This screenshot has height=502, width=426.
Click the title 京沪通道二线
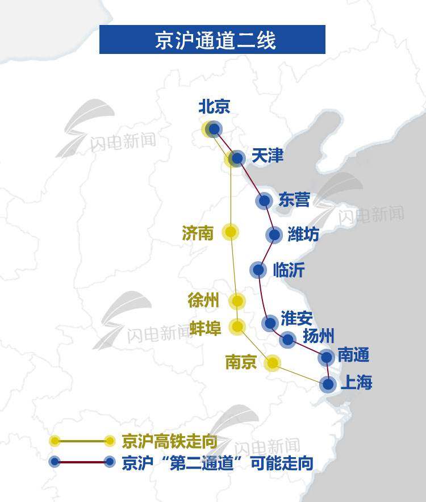pyautogui.click(x=212, y=40)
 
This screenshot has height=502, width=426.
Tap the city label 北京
pyautogui.click(x=214, y=107)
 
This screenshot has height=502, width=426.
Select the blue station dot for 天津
pyautogui.click(x=238, y=158)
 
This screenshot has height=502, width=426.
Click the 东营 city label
pyautogui.click(x=294, y=200)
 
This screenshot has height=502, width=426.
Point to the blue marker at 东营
pyautogui.click(x=264, y=200)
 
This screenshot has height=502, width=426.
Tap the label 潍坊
pyautogui.click(x=303, y=234)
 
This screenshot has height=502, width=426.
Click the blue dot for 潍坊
pyautogui.click(x=274, y=235)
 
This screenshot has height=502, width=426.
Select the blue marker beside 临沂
pyautogui.click(x=258, y=269)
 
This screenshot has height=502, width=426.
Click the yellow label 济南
pyautogui.click(x=198, y=233)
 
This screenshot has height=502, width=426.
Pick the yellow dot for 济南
pyautogui.click(x=230, y=232)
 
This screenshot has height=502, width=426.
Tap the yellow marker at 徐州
pyautogui.click(x=237, y=301)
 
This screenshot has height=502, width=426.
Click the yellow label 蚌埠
pyautogui.click(x=206, y=328)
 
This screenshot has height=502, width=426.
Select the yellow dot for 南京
pyautogui.click(x=273, y=363)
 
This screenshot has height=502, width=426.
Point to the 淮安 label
pyautogui.click(x=296, y=319)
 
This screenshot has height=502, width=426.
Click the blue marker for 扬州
pyautogui.click(x=288, y=340)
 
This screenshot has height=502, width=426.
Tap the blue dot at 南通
pyautogui.click(x=326, y=357)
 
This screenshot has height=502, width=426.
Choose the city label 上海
pyautogui.click(x=356, y=383)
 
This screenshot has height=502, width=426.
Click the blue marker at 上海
pyautogui.click(x=328, y=384)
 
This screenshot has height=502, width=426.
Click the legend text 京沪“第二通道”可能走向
pyautogui.click(x=217, y=463)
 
